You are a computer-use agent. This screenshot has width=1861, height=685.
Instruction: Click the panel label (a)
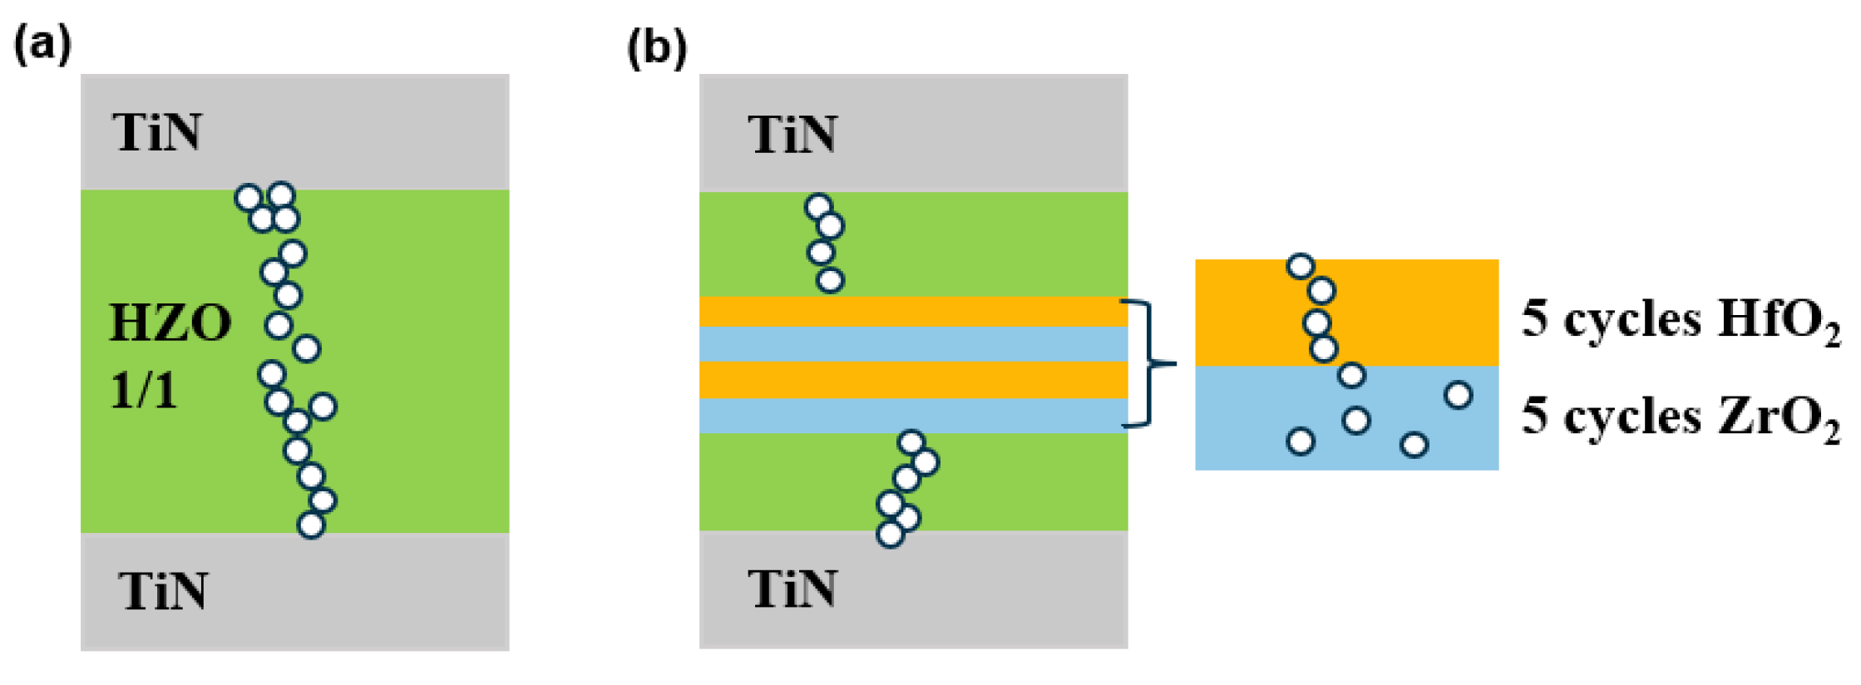tap(42, 45)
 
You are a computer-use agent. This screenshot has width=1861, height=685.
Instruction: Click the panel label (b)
tap(656, 47)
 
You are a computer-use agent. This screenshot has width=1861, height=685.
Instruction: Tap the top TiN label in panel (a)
tap(157, 132)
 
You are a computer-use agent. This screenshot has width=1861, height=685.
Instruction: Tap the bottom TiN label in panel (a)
tap(163, 591)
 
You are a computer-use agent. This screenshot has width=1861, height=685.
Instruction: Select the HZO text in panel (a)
tap(170, 323)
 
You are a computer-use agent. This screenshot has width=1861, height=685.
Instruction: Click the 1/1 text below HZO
tap(144, 390)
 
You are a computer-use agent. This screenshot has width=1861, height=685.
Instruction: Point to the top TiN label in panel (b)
tap(792, 134)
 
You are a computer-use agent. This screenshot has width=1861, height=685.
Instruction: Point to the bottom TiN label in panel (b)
tap(792, 589)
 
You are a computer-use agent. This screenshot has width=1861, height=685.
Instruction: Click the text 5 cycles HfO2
tap(1680, 321)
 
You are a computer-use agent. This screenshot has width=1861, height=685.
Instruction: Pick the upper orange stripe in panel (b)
tap(913, 312)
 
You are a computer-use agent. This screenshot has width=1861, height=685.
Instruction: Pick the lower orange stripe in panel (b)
tap(913, 380)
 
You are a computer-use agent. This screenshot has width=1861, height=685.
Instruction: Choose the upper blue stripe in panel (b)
tap(913, 344)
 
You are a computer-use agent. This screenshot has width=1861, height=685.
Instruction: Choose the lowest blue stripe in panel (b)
tap(913, 416)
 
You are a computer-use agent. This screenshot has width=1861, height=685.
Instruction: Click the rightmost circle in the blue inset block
tap(1458, 395)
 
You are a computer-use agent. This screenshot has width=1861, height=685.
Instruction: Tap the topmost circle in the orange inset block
tap(1301, 267)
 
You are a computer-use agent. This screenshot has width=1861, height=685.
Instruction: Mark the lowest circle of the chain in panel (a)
tap(310, 525)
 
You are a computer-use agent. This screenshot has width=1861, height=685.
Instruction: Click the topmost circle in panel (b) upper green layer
tap(819, 207)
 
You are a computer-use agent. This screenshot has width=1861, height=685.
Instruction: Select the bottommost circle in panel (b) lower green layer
tap(890, 534)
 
